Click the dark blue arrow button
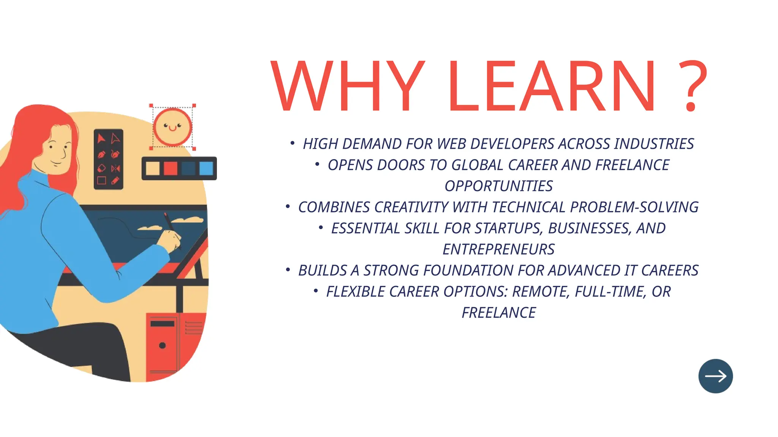click(715, 376)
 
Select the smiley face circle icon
click(172, 127)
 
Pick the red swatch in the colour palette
click(170, 168)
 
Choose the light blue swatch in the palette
click(206, 168)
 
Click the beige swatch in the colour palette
click(153, 168)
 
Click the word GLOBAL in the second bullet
click(477, 165)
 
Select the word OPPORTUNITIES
click(498, 186)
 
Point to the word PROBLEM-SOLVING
click(634, 207)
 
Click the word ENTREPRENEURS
click(498, 250)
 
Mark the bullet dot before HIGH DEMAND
click(292, 143)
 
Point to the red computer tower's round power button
click(162, 346)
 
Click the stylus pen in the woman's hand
click(168, 222)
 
